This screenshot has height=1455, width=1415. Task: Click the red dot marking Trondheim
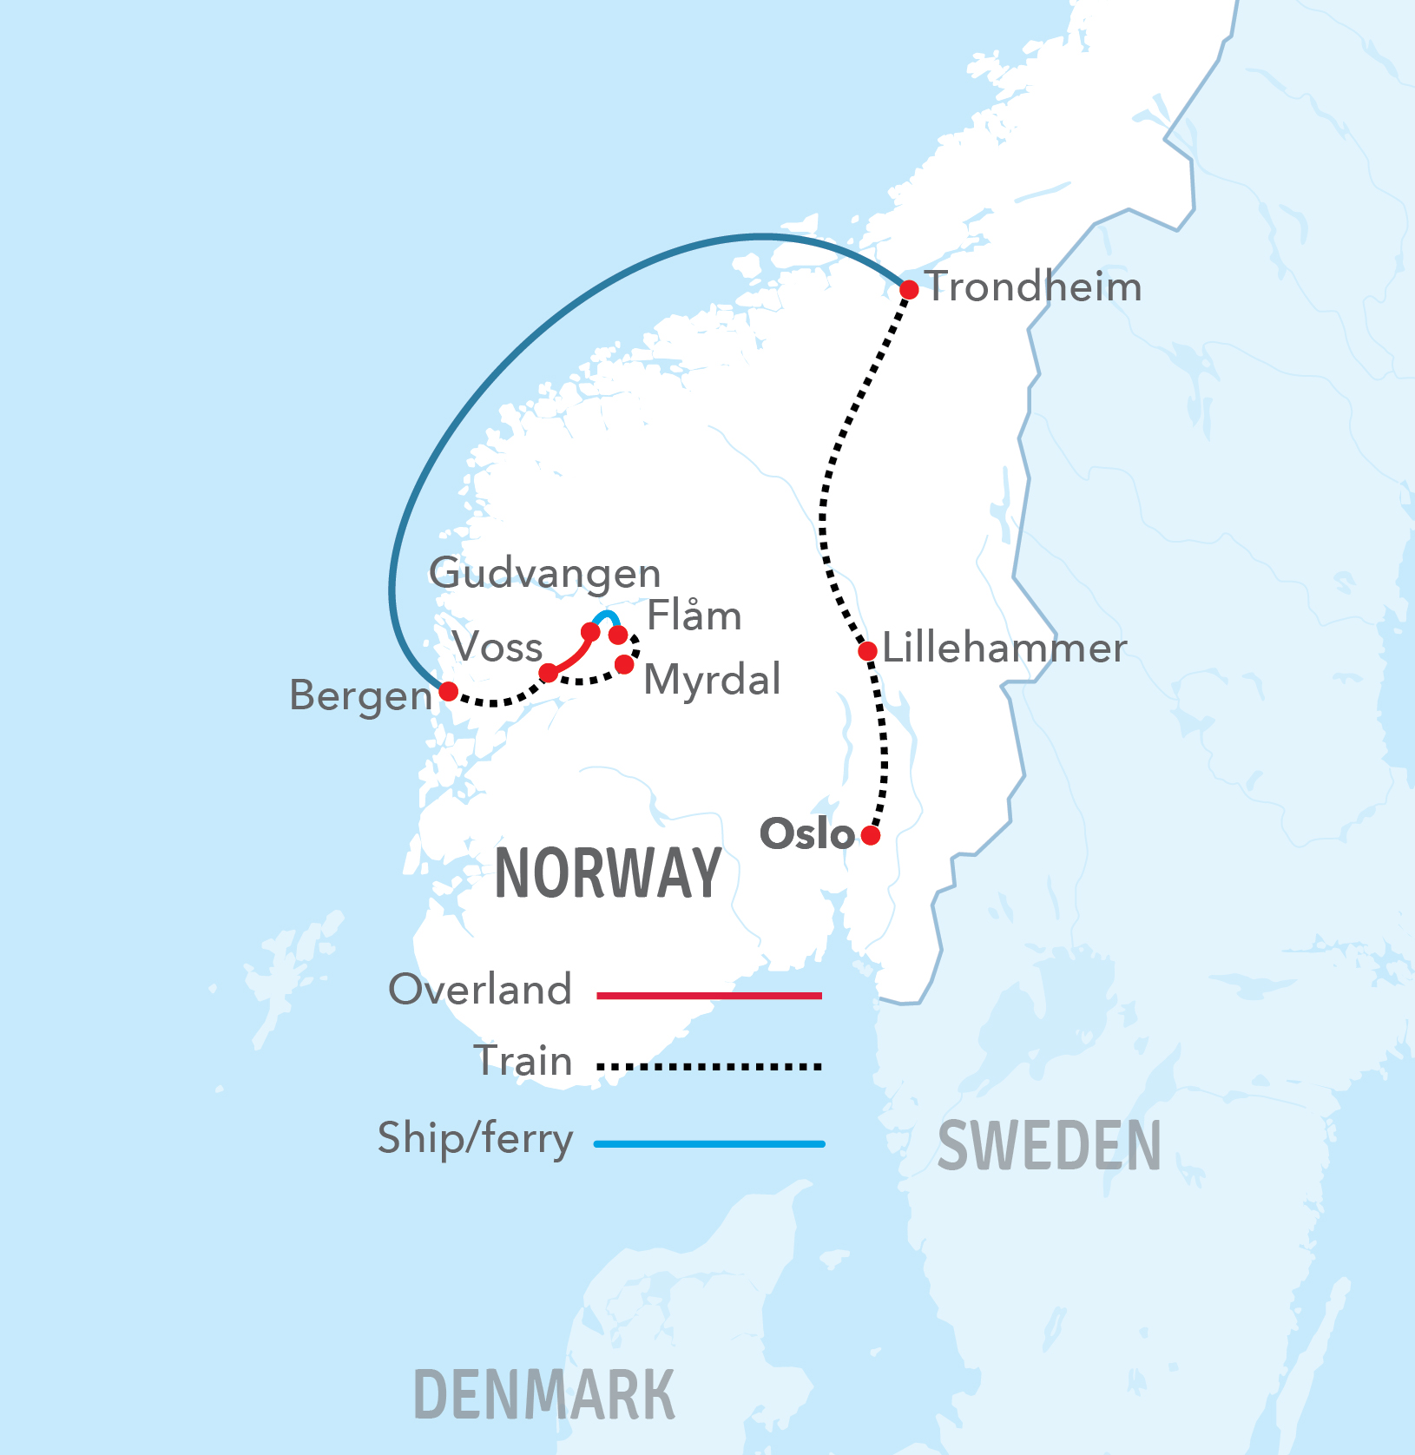[909, 290]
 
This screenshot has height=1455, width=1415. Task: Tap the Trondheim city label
[1034, 287]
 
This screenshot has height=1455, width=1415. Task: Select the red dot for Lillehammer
[867, 651]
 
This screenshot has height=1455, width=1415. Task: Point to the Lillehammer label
[1004, 648]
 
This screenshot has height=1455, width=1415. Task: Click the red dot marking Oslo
[871, 835]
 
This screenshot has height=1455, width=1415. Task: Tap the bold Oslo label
[807, 834]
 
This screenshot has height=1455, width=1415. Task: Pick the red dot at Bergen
[449, 691]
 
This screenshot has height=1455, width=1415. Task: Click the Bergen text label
[360, 695]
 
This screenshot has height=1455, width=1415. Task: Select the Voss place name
[497, 648]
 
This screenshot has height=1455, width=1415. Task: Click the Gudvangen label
[545, 574]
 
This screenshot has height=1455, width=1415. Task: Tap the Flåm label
[694, 616]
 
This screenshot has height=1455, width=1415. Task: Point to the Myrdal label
[712, 680]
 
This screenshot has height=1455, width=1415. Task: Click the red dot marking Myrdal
[624, 665]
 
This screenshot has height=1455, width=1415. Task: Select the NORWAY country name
[608, 873]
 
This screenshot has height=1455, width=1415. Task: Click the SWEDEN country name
[1049, 1146]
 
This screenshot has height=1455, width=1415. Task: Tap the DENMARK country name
[544, 1395]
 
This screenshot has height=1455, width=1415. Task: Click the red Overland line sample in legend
[709, 996]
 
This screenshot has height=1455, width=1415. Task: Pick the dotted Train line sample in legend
[709, 1066]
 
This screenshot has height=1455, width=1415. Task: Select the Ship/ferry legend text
[476, 1138]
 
